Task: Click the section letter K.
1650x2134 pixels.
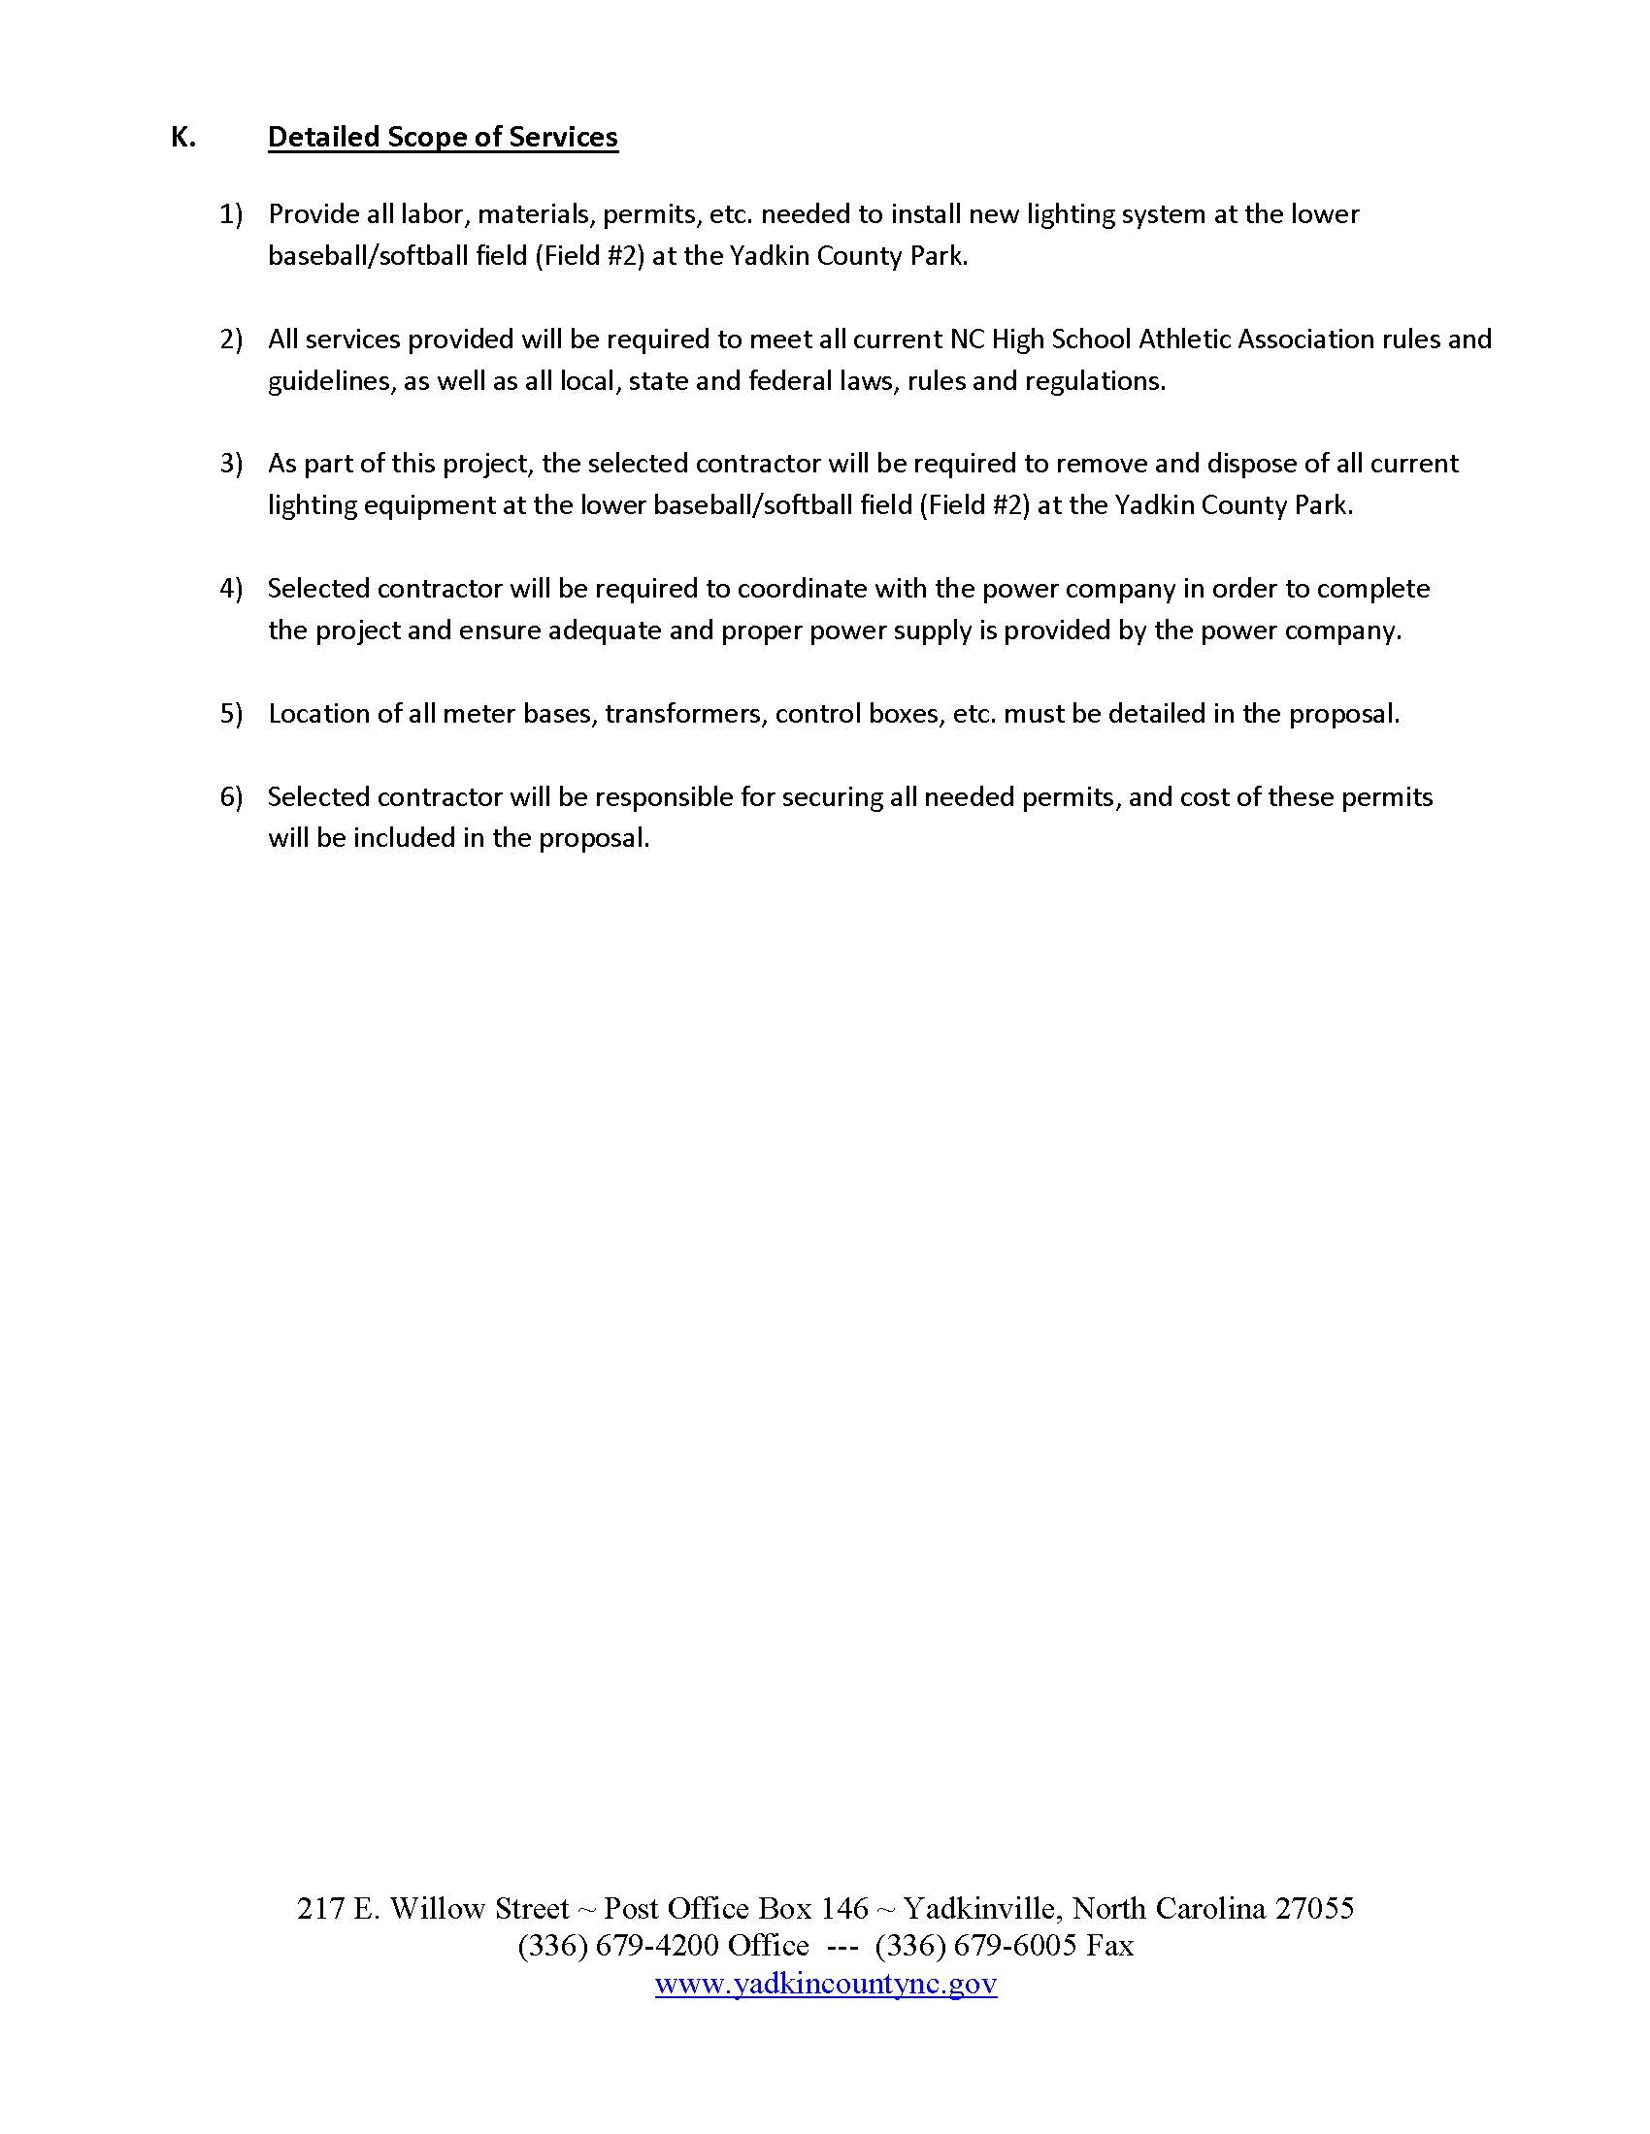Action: coord(182,137)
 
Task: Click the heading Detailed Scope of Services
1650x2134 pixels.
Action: coord(443,137)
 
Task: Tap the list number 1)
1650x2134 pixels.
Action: coord(231,214)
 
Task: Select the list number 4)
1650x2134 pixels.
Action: coord(231,588)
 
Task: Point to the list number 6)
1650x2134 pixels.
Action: coord(231,797)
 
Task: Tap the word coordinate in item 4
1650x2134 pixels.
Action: coord(802,588)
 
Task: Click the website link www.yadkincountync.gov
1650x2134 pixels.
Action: coord(826,1983)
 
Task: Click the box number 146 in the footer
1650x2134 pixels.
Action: coord(844,1908)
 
